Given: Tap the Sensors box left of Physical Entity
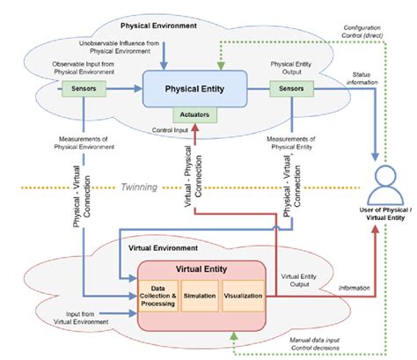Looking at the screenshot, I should tap(84, 88).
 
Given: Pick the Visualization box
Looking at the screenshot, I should tap(242, 296).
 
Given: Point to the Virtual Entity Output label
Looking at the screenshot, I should tap(298, 279).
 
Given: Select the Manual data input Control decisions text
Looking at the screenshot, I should tap(347, 342).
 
